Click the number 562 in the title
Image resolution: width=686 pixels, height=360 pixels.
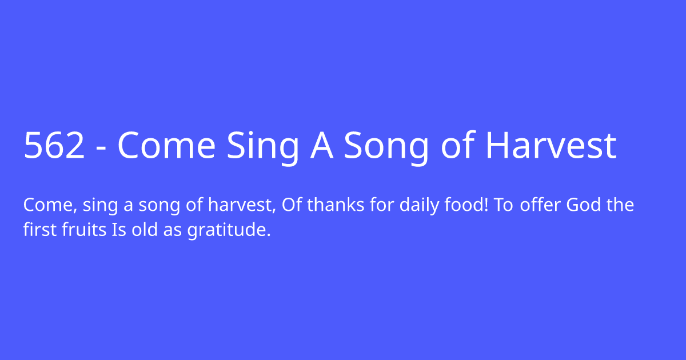click(54, 146)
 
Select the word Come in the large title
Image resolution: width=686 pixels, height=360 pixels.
click(166, 146)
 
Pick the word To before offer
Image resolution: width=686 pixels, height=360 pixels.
click(504, 205)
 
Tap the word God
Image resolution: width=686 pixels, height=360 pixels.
click(584, 205)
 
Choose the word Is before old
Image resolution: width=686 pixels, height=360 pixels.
click(118, 231)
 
